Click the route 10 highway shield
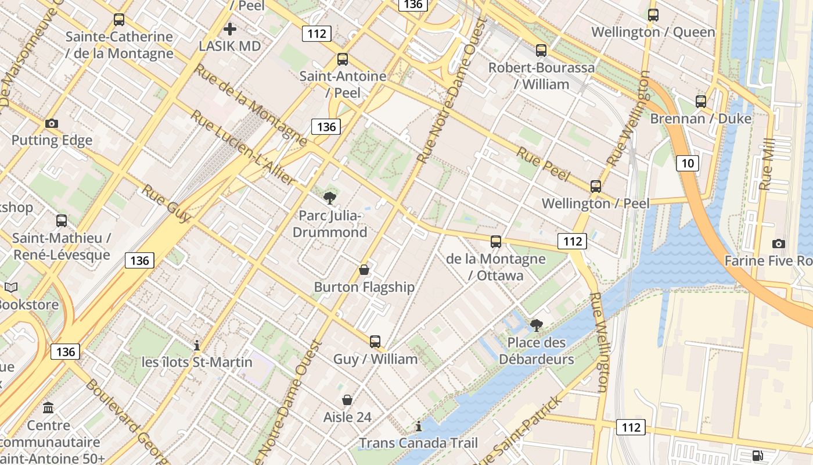688,163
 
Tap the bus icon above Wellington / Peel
595,187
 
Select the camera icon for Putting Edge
52,123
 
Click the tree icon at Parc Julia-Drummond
330,198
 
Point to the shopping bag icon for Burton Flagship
364,270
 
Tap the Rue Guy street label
166,204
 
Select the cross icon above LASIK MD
230,28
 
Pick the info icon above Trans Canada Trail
418,427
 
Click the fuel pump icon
757,455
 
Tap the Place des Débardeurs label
537,350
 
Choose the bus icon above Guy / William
375,342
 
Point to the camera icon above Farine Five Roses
779,244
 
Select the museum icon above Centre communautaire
48,407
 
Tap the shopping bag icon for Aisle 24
347,400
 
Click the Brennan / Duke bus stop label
700,119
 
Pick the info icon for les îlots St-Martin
197,345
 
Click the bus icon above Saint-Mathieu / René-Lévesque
62,221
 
